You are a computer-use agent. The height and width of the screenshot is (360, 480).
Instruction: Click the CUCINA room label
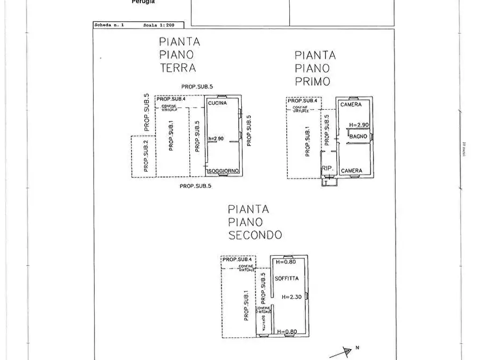click(x=217, y=103)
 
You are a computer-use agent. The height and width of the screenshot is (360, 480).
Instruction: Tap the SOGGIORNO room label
click(x=223, y=171)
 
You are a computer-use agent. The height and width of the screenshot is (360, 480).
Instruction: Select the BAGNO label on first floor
click(x=358, y=136)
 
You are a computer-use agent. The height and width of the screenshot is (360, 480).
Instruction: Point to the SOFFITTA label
click(x=286, y=279)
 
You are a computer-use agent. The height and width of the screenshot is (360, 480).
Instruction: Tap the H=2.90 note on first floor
click(x=359, y=125)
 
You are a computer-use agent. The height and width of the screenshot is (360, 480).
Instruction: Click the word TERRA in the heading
click(x=178, y=68)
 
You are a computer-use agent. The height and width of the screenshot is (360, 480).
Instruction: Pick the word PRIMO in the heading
click(x=312, y=82)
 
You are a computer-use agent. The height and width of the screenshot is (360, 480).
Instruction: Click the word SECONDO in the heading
click(x=255, y=235)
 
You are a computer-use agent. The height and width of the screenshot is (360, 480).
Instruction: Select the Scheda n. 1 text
click(x=109, y=25)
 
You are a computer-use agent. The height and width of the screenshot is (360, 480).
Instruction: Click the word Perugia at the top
click(x=144, y=2)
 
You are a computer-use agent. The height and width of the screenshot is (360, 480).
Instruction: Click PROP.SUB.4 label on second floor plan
click(x=237, y=259)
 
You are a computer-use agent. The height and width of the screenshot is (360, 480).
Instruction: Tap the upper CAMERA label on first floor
click(x=350, y=104)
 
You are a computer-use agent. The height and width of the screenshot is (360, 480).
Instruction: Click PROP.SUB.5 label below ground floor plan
click(x=195, y=186)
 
